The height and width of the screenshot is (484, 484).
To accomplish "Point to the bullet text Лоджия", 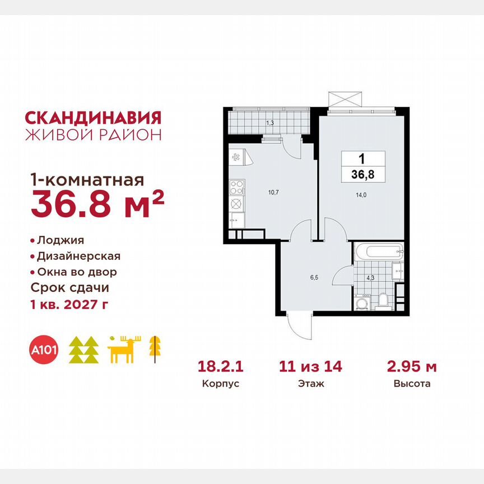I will (x=61, y=240).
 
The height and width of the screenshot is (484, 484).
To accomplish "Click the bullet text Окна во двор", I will (x=77, y=272).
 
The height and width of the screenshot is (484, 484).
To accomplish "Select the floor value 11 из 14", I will (x=311, y=367).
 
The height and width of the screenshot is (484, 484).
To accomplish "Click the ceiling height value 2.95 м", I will (x=412, y=367).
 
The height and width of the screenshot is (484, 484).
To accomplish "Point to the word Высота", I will (x=412, y=384).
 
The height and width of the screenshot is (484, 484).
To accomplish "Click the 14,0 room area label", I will (x=359, y=196).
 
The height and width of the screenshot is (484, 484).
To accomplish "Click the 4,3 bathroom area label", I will (x=370, y=276).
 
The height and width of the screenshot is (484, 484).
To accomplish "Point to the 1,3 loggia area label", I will (x=269, y=122).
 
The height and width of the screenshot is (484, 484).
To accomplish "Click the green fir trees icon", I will (x=83, y=350).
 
